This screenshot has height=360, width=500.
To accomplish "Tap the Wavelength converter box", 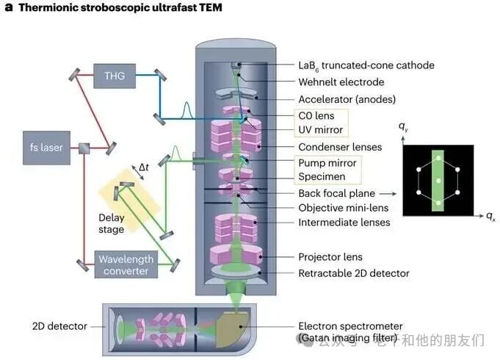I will (x=125, y=264).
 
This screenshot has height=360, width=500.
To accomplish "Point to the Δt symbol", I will (x=144, y=168).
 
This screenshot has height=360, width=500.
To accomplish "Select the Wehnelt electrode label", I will (x=341, y=82).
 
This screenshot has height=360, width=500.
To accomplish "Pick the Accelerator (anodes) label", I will (x=347, y=99).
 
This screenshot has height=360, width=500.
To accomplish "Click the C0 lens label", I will (x=316, y=116).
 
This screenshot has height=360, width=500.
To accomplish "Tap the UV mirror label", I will (x=320, y=129).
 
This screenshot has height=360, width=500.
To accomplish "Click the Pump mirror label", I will (x=327, y=163).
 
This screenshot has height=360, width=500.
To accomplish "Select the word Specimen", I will (x=321, y=177).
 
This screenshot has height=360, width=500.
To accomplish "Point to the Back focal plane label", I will (x=336, y=193).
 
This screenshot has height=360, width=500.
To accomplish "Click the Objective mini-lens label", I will (x=342, y=208).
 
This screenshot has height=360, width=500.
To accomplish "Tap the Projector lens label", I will (x=330, y=257).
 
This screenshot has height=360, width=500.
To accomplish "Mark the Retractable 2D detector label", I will (x=354, y=273).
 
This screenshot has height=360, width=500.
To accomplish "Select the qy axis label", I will (x=403, y=129).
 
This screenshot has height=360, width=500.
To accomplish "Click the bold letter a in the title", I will (x=7, y=8).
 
